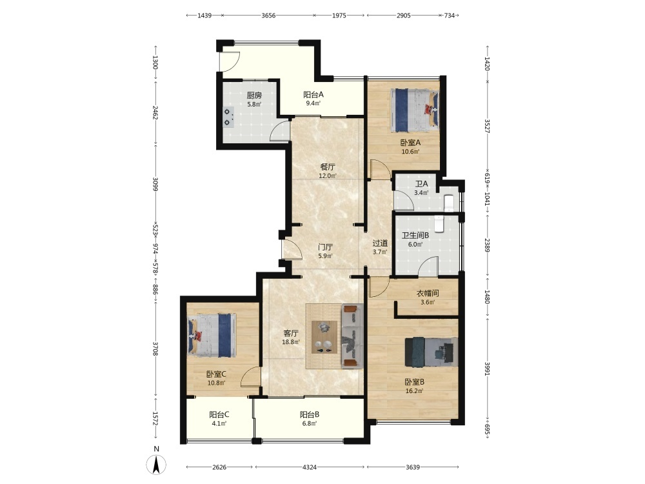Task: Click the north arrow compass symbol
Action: pyautogui.click(x=156, y=465)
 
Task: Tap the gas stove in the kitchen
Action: pyautogui.click(x=227, y=117)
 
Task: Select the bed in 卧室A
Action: pyautogui.click(x=414, y=110)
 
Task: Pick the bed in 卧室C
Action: pyautogui.click(x=212, y=336)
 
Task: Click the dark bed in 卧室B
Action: pyautogui.click(x=431, y=352)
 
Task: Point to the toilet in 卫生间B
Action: pyautogui.click(x=440, y=225)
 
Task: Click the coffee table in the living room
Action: pyautogui.click(x=324, y=337)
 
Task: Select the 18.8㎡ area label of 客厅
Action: pyautogui.click(x=291, y=342)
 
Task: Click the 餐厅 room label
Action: pyautogui.click(x=328, y=167)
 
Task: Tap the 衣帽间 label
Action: pyautogui.click(x=428, y=294)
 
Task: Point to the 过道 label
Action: pyautogui.click(x=380, y=243)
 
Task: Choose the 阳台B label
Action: pyautogui.click(x=310, y=415)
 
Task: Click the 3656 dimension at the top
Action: pyautogui.click(x=268, y=15)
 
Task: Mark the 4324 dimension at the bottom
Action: pyautogui.click(x=310, y=467)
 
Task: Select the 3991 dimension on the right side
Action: pyautogui.click(x=487, y=368)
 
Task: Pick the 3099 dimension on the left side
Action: pyautogui.click(x=155, y=185)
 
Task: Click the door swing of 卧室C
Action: pyautogui.click(x=250, y=376)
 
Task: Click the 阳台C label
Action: pyautogui.click(x=219, y=415)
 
